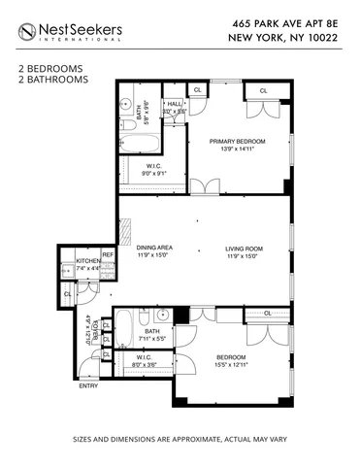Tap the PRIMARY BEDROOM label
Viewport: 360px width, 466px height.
tap(237, 142)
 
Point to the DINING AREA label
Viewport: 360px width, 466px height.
tap(154, 249)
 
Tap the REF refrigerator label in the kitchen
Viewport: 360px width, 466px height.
tap(108, 255)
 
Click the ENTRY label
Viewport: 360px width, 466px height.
tap(88, 385)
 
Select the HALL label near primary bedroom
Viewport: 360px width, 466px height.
tap(174, 103)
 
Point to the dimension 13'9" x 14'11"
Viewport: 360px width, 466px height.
tap(237, 150)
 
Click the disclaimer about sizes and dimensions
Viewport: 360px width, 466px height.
tap(180, 440)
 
